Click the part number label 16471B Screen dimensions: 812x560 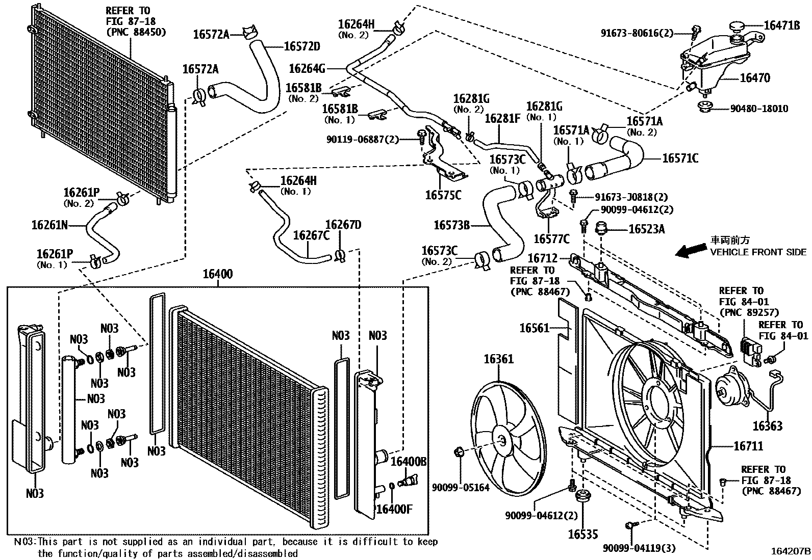pyautogui.click(x=782, y=25)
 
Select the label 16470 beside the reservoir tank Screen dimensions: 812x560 pyautogui.click(x=755, y=78)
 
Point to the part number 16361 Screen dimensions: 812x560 pyautogui.click(x=499, y=359)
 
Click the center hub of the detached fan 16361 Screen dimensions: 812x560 pyautogui.click(x=503, y=441)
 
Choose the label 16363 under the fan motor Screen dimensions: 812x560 pyautogui.click(x=768, y=426)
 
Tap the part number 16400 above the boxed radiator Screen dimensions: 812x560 pyautogui.click(x=217, y=274)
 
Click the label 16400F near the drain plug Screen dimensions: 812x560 pyautogui.click(x=394, y=509)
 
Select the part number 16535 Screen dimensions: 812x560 pyautogui.click(x=583, y=534)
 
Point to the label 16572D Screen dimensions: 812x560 pyautogui.click(x=302, y=46)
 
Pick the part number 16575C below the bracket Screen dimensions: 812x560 pyautogui.click(x=443, y=195)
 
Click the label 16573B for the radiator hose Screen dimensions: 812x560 pyautogui.click(x=452, y=225)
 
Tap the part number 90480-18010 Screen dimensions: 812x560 pyautogui.click(x=759, y=109)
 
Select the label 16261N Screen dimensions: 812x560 pyautogui.click(x=49, y=225)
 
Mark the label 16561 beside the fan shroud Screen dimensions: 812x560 pyautogui.click(x=535, y=328)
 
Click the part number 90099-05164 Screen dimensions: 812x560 pyautogui.click(x=461, y=488)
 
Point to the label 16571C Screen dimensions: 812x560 pyautogui.click(x=680, y=158)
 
